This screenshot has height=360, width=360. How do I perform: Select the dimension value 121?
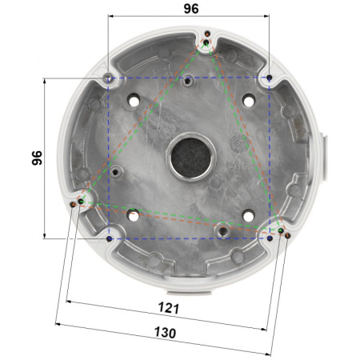(x=169, y=308)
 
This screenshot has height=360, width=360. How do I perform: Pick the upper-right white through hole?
(x=249, y=102)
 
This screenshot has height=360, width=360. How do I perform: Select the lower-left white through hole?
(x=133, y=214)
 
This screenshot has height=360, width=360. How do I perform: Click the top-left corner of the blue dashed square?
(x=109, y=78)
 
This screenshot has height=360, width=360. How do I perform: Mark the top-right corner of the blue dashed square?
(x=269, y=78)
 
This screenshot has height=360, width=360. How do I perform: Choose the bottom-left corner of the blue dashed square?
(x=109, y=238)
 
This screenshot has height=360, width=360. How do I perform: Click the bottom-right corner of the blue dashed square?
(x=269, y=238)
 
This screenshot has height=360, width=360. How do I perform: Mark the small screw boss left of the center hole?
(x=117, y=170)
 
